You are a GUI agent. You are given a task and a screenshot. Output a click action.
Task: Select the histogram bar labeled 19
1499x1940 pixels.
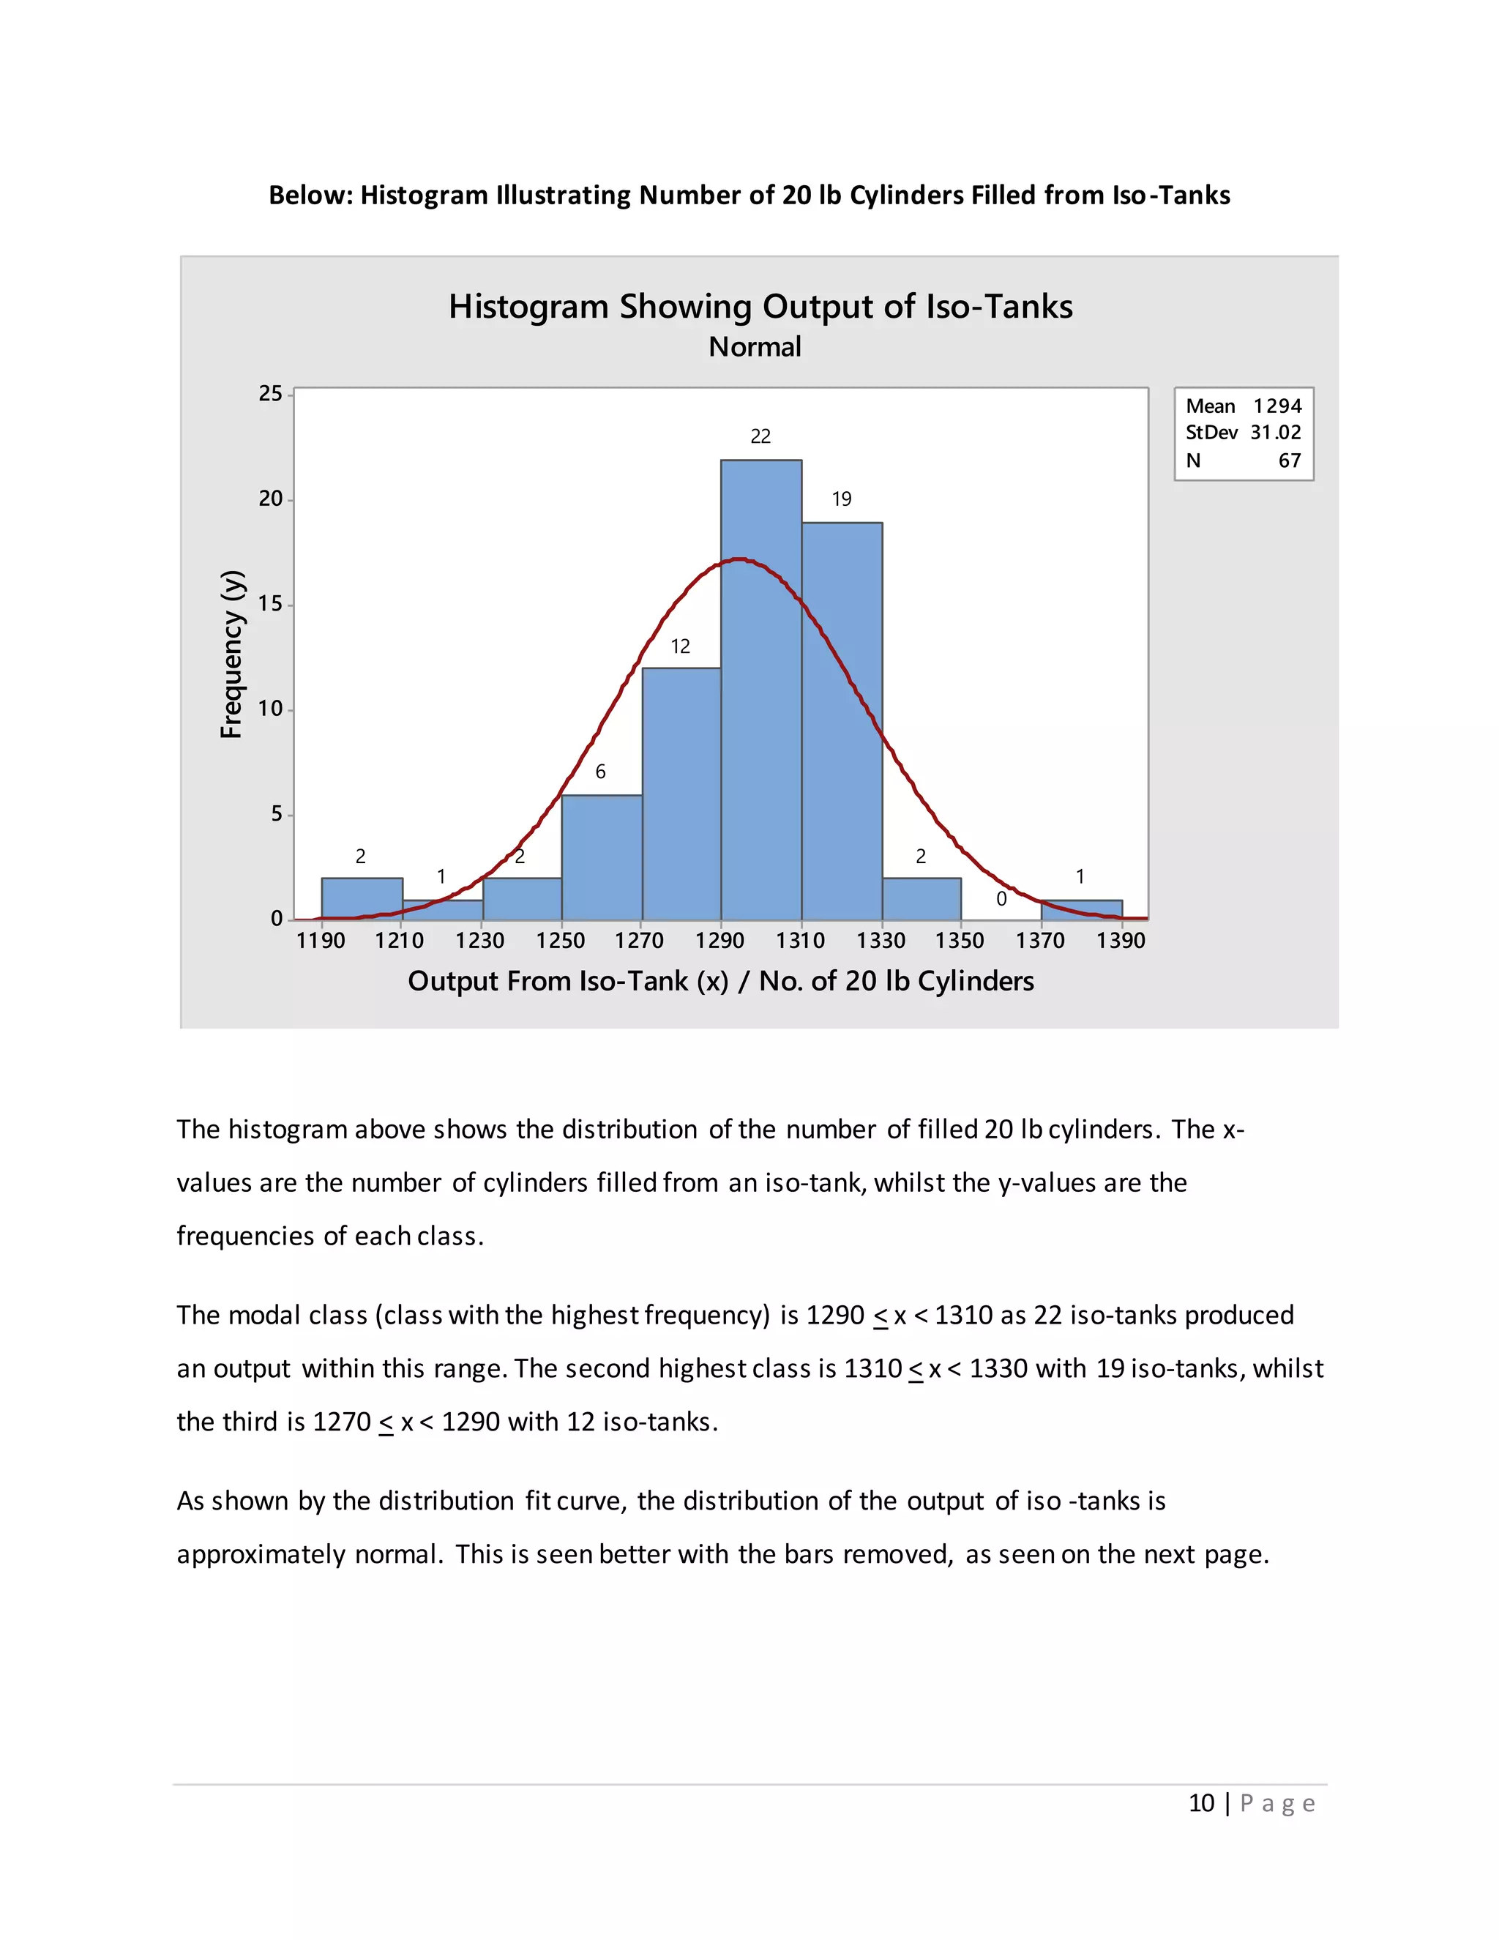click(x=842, y=720)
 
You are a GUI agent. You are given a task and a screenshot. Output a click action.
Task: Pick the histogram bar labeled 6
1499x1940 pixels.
click(x=601, y=857)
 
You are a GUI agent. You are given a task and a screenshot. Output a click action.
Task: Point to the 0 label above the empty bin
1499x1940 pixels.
click(x=1001, y=899)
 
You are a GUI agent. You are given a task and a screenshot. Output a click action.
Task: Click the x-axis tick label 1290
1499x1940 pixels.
click(x=719, y=941)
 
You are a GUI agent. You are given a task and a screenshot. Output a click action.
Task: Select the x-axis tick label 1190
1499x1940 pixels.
click(x=321, y=941)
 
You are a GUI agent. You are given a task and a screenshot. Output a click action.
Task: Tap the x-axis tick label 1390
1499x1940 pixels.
click(x=1121, y=941)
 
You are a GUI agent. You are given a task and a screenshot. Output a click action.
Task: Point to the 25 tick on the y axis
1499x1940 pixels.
click(x=271, y=394)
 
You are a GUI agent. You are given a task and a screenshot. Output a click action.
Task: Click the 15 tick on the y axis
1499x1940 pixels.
click(x=271, y=604)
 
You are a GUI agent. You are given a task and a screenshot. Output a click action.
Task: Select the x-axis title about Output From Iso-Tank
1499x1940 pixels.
click(x=720, y=981)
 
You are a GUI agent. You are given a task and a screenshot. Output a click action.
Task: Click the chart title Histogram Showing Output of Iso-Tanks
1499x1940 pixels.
click(x=760, y=307)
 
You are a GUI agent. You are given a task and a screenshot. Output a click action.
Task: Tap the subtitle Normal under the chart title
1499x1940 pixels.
click(x=755, y=346)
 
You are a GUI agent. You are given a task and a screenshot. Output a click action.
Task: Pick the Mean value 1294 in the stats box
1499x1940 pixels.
click(x=1277, y=406)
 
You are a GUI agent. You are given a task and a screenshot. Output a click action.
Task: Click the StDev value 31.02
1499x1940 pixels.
click(x=1275, y=433)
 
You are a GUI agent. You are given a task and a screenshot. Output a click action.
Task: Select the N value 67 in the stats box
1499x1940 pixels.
click(x=1290, y=460)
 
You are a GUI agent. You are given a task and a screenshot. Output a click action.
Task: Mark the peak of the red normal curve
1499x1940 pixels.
click(x=740, y=559)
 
